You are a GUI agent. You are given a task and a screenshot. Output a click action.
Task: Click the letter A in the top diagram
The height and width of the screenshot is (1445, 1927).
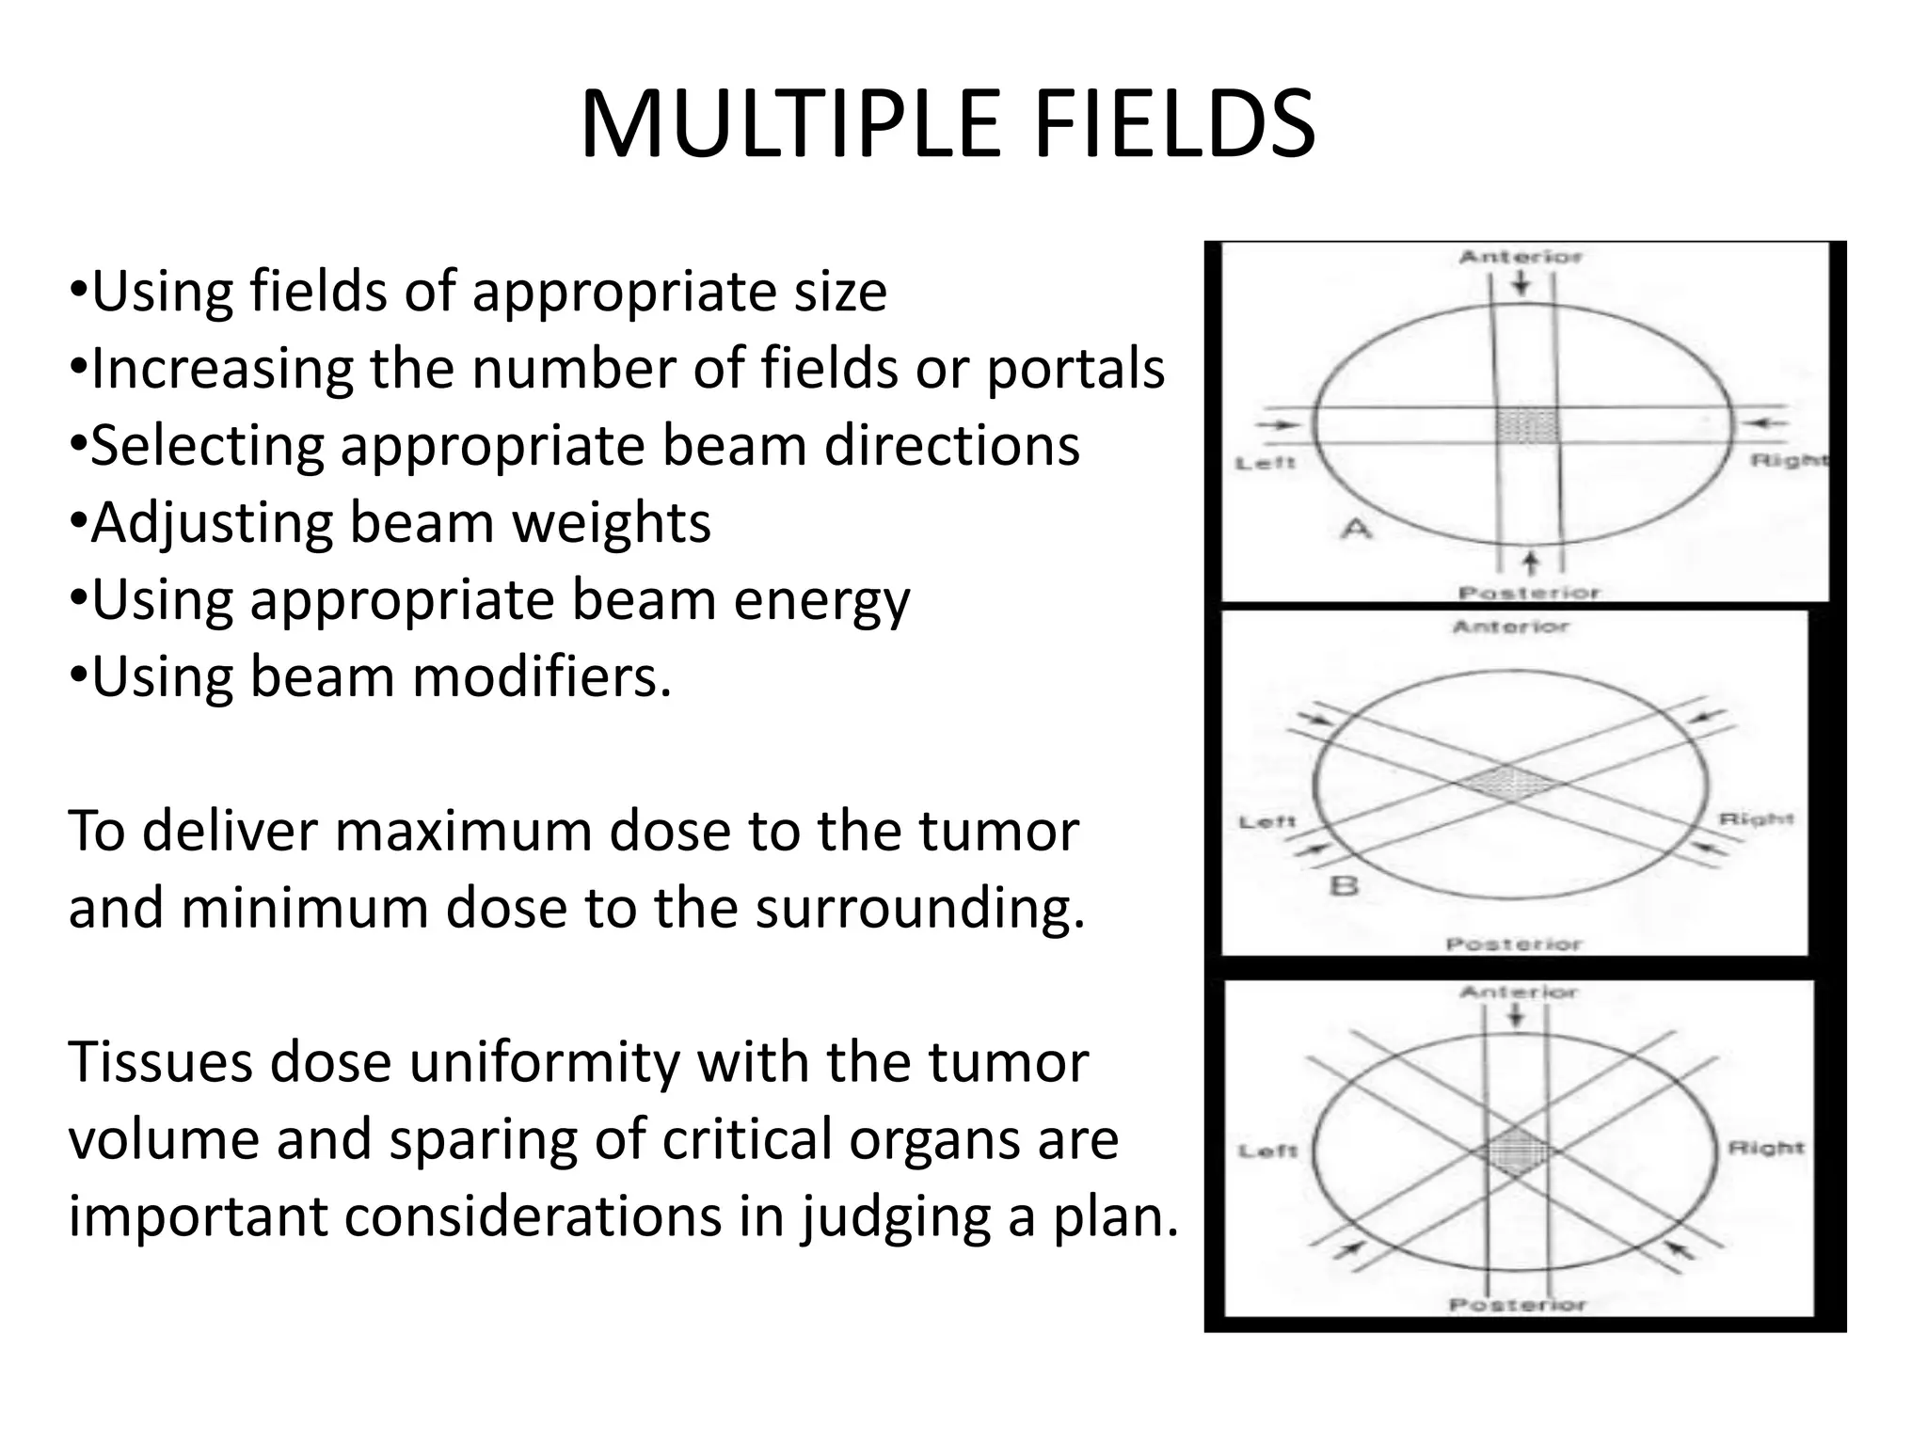(x=1356, y=530)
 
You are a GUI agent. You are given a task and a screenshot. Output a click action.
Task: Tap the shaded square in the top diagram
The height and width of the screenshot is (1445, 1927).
(x=1527, y=425)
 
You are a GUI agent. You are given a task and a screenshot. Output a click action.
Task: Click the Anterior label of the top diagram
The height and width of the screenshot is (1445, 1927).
(x=1521, y=257)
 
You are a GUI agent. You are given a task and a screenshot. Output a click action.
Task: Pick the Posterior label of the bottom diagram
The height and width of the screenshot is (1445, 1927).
(x=1517, y=1305)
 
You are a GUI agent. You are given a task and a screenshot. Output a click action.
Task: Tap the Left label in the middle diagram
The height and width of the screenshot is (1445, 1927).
(x=1266, y=822)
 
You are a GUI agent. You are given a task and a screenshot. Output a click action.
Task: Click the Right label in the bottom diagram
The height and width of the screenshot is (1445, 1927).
(x=1766, y=1149)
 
